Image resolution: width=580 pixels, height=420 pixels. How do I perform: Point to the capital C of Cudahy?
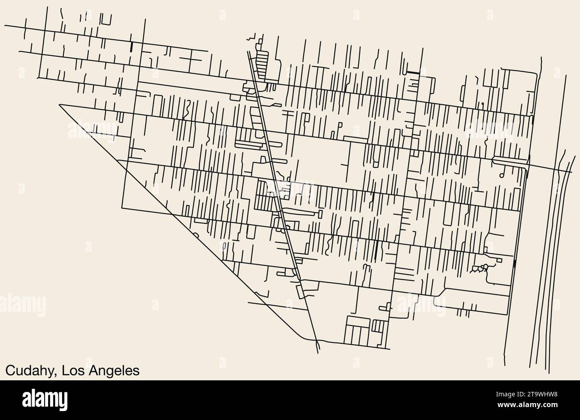tap(9, 371)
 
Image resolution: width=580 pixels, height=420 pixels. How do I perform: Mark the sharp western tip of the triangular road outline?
tap(59, 105)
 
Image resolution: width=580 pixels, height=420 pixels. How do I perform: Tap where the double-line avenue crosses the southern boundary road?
tap(316, 343)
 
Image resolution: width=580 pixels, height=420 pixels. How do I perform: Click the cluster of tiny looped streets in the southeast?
tap(480, 268)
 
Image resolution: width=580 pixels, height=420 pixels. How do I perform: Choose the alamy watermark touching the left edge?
tap(22, 305)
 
